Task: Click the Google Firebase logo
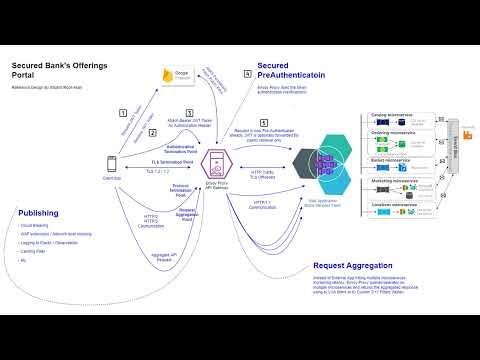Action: pos(180,76)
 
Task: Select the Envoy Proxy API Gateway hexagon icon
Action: pos(214,162)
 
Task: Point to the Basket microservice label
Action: pos(383,158)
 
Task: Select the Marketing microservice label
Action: pos(386,180)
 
